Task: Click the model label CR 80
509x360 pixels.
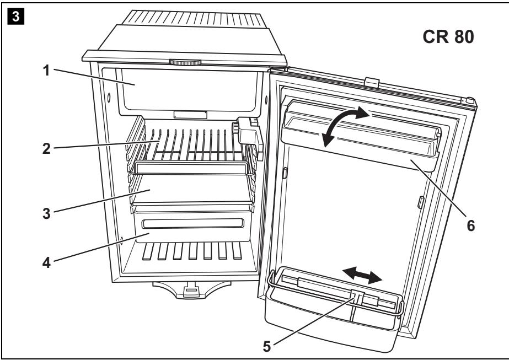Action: pos(448,40)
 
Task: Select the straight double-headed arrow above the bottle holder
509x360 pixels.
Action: pos(361,275)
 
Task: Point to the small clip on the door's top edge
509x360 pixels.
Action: pos(372,82)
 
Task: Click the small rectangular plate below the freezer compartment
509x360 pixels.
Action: pos(190,115)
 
